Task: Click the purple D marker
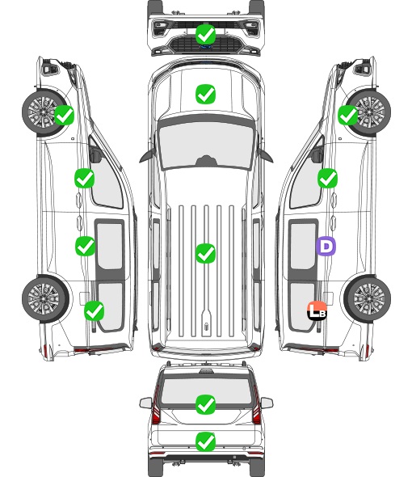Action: point(326,246)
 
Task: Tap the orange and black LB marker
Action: point(317,310)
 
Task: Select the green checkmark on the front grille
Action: point(205,34)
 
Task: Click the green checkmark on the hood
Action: point(205,94)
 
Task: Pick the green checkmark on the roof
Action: point(205,253)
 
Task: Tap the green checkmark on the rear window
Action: point(205,404)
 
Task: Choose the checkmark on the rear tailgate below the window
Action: point(205,441)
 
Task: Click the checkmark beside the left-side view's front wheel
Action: point(64,115)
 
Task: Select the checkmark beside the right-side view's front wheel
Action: point(348,115)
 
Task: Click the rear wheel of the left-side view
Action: point(44,298)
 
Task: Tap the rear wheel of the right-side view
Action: point(368,298)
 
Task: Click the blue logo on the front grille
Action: point(205,47)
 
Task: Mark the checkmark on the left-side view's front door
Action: point(84,178)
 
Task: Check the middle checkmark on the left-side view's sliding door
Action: point(85,246)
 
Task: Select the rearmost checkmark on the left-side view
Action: point(94,310)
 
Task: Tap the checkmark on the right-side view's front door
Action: point(327,178)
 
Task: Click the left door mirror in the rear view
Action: point(145,403)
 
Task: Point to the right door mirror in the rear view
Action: point(267,403)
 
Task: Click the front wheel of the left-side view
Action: point(44,112)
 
